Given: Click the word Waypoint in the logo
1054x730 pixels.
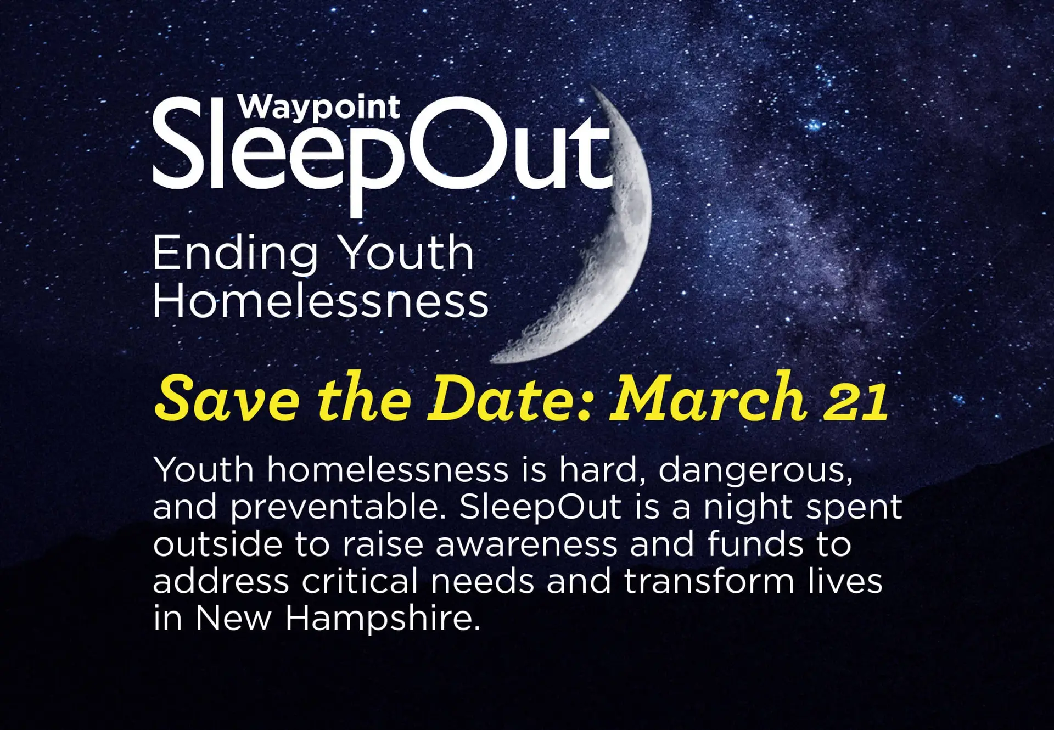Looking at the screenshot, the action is point(318,108).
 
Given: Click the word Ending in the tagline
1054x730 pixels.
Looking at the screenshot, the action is point(235,254).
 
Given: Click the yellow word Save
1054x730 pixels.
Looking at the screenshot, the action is point(226,397).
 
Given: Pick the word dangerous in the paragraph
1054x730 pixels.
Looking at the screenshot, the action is point(756,471).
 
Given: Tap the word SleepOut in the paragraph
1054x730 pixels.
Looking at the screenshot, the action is point(541,507).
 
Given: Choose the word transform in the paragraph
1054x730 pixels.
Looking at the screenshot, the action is point(709,580).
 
